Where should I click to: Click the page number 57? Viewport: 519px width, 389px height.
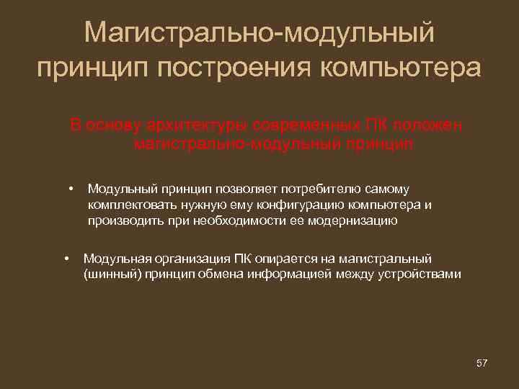482,363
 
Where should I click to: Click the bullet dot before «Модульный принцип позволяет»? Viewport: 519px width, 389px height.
72,189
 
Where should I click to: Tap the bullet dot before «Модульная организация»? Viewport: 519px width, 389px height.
66,257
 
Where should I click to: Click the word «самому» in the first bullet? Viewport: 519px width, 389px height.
389,189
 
